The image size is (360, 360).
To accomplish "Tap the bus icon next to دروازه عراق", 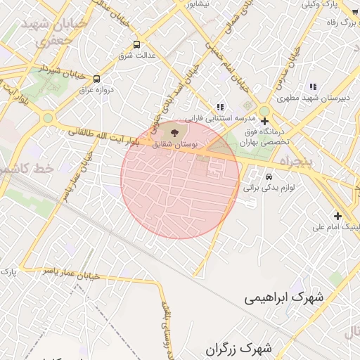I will pyautogui.click(x=96, y=79).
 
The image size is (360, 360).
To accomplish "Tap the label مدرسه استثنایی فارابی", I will pyautogui.click(x=213, y=119).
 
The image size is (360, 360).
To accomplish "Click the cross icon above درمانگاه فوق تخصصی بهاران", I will pyautogui.click(x=264, y=121).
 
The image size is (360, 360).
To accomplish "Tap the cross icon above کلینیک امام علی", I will pyautogui.click(x=337, y=215).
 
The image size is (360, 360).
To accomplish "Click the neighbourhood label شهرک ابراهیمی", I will pyautogui.click(x=285, y=297).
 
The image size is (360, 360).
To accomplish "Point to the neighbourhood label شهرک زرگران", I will pyautogui.click(x=238, y=348).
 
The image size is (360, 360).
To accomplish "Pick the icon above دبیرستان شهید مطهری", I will pyautogui.click(x=313, y=86).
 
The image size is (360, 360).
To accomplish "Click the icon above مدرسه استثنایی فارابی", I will pyautogui.click(x=220, y=107).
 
